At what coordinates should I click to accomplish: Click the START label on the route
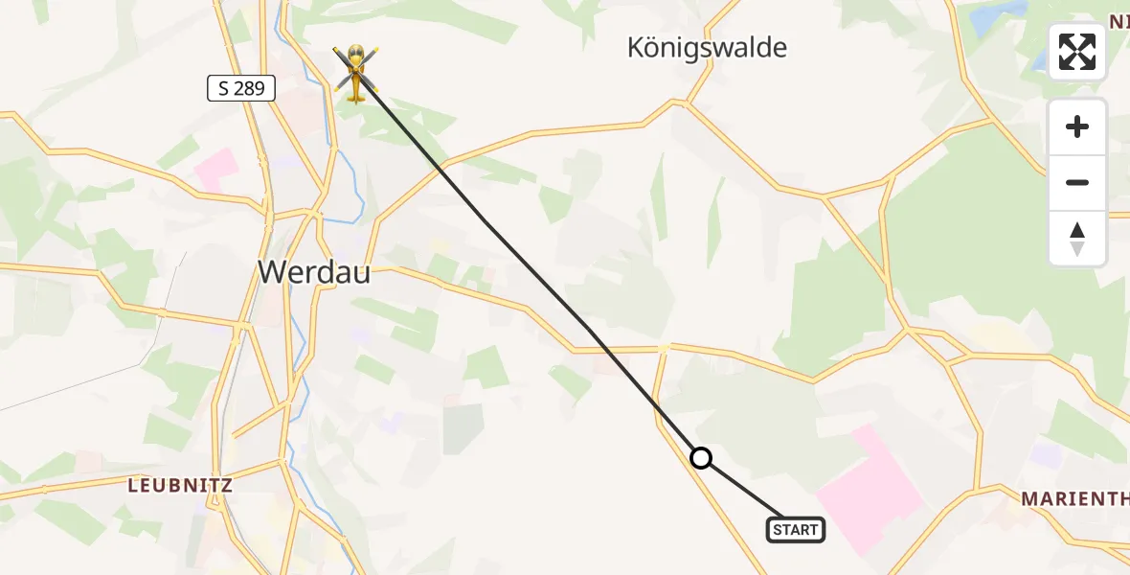(x=795, y=530)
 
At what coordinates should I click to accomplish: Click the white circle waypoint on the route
(x=701, y=458)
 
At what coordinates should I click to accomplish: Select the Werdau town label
(x=313, y=272)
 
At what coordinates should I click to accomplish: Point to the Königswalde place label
(x=707, y=47)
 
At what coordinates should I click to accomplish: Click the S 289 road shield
(x=241, y=89)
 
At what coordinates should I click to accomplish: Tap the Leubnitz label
(x=180, y=485)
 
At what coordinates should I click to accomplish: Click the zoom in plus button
(x=1077, y=126)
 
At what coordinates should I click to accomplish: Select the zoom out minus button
(x=1077, y=182)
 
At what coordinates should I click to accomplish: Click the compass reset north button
(x=1077, y=239)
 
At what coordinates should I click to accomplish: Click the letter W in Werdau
(x=271, y=272)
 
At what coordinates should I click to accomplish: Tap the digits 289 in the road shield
(x=250, y=89)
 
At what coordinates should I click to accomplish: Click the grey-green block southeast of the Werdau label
(x=463, y=428)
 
